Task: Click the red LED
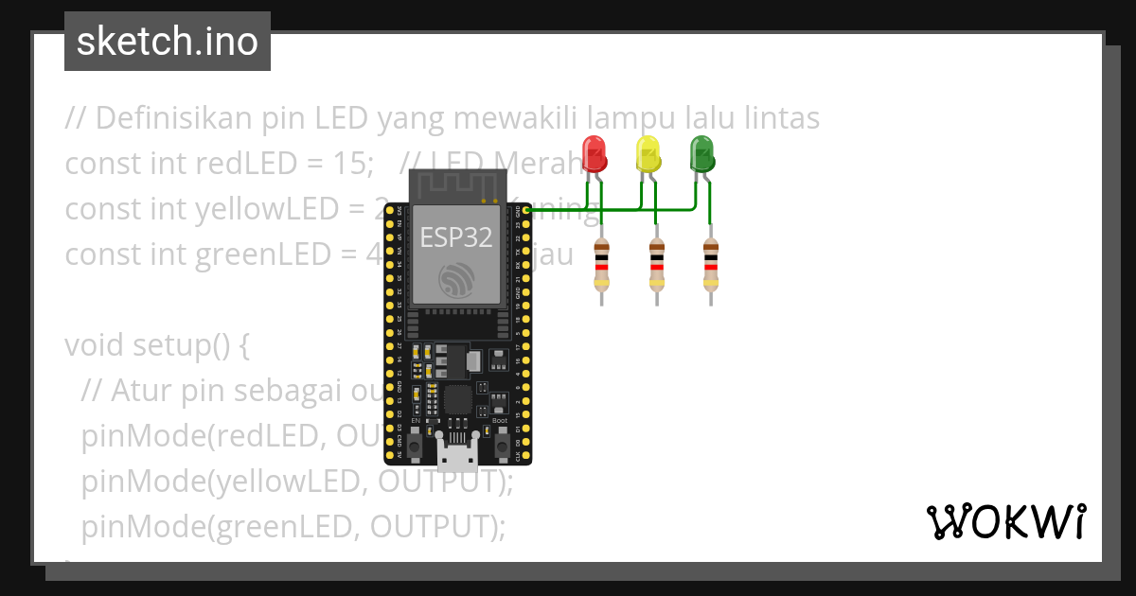pos(594,153)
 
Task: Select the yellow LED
pos(648,153)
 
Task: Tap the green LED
pos(701,153)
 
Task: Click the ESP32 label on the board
pos(456,237)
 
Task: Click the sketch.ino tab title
pos(168,42)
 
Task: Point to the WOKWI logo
pos(1005,521)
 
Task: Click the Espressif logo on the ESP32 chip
pos(457,278)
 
